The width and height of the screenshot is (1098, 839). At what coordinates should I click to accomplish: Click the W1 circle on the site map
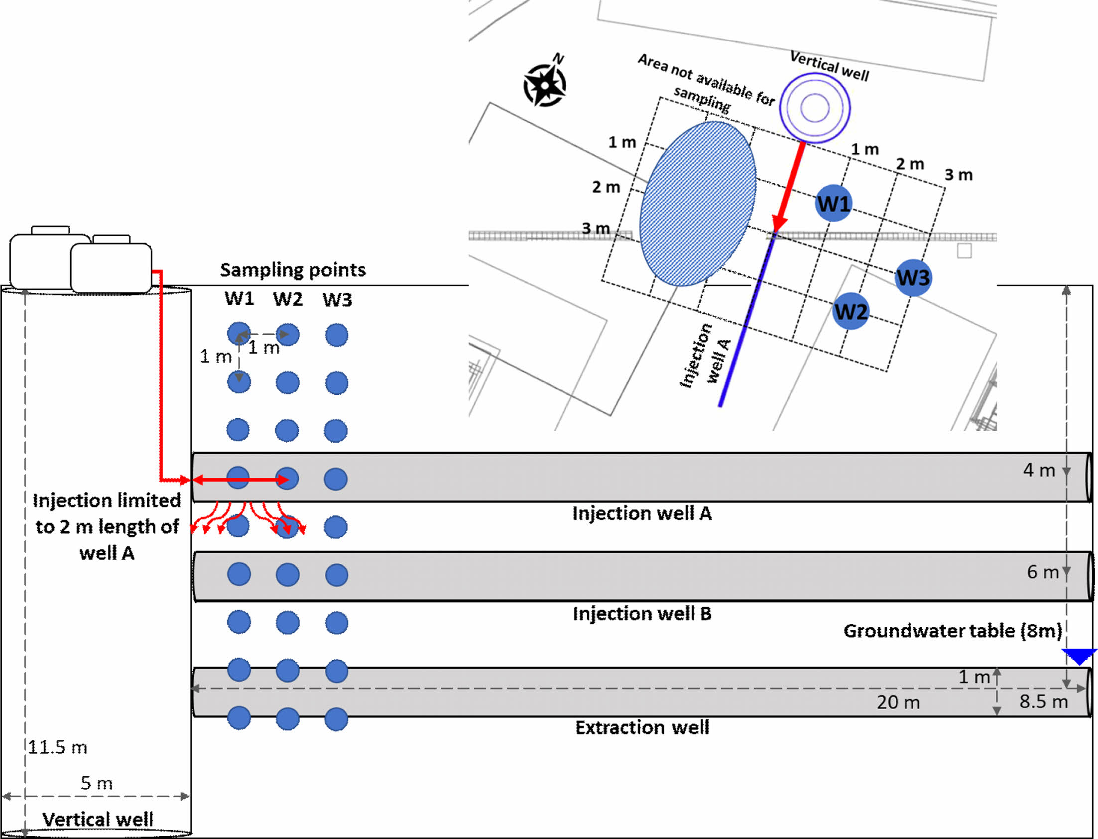tap(833, 203)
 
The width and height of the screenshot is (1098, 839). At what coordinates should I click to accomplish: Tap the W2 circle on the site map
tap(851, 311)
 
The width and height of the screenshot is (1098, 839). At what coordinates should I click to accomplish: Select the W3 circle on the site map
tap(913, 277)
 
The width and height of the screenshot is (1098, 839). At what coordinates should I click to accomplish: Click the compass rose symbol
tap(545, 85)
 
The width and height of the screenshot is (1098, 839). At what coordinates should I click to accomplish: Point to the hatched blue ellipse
tap(698, 204)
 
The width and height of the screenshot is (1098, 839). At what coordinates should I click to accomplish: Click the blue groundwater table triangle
tap(1079, 656)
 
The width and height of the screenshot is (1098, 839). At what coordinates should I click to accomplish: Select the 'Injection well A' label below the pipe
tap(642, 513)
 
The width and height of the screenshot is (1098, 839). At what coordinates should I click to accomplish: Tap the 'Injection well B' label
tap(642, 613)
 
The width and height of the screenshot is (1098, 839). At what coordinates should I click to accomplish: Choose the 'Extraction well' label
tap(642, 727)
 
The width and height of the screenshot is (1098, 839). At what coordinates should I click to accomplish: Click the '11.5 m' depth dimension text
tap(57, 747)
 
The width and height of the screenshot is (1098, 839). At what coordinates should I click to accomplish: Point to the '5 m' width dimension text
tap(97, 783)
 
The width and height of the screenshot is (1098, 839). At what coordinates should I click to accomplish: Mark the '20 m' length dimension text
tap(898, 702)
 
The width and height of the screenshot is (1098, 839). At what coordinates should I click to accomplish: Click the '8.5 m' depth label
tap(1043, 701)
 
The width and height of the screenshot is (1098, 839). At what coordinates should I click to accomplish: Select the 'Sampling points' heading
tap(293, 270)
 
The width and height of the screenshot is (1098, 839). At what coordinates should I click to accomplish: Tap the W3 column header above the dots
tap(337, 300)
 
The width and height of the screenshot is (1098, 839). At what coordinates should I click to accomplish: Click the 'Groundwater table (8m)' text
tap(952, 631)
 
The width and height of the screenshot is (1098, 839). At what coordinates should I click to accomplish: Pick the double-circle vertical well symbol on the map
tap(815, 108)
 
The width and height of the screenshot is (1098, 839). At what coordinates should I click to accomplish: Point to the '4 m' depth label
tap(1039, 470)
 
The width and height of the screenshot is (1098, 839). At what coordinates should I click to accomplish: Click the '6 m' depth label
tap(1043, 572)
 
